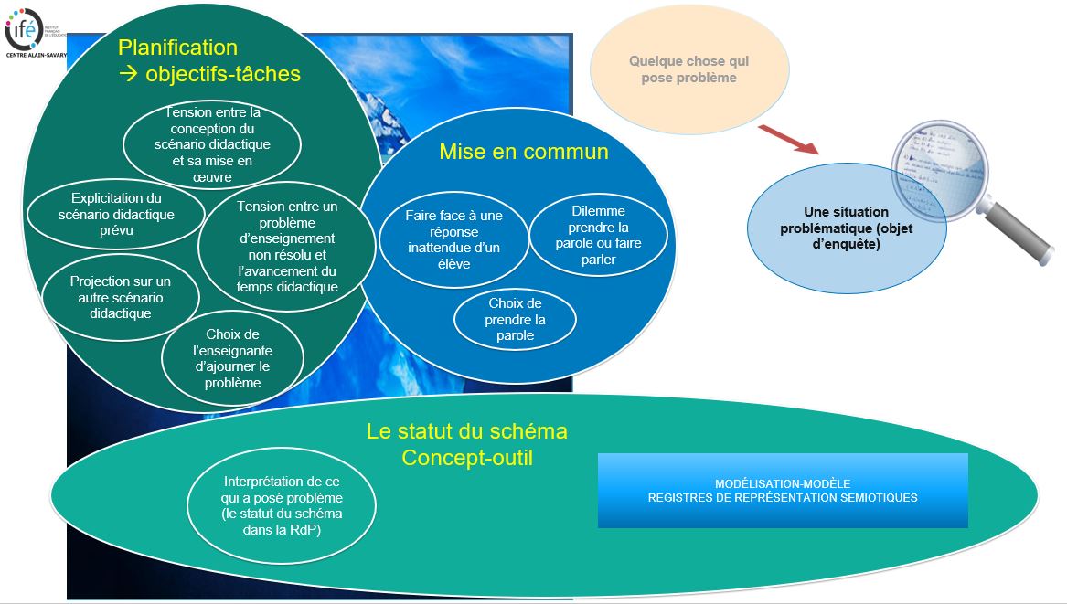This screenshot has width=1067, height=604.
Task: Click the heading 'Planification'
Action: (x=177, y=48)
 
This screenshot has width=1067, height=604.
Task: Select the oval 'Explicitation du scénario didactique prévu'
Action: (x=113, y=214)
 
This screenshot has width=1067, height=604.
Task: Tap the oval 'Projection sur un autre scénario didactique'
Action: (x=121, y=297)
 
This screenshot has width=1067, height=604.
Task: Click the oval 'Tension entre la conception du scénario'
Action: (x=213, y=144)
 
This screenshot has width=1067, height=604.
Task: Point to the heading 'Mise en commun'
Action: (x=523, y=152)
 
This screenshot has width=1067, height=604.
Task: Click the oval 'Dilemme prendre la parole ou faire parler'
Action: (x=598, y=236)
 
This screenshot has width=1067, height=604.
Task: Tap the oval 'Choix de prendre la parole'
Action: (x=516, y=320)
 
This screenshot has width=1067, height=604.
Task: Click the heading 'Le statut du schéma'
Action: (x=466, y=431)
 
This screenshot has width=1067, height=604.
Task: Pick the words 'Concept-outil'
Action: (x=466, y=457)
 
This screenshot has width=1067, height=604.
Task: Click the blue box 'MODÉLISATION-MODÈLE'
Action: (x=782, y=491)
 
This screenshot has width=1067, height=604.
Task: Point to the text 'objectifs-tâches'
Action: (x=222, y=74)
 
